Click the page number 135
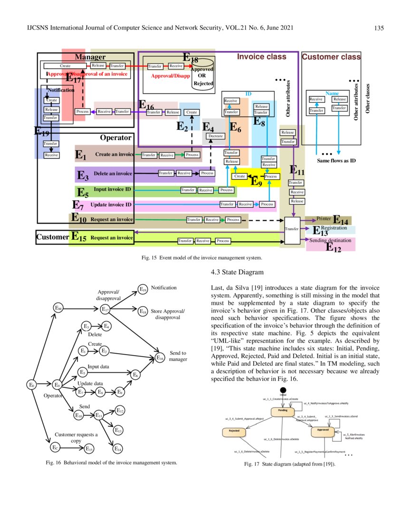pos(379,28)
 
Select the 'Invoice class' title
pos(261,57)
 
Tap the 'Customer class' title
pos(331,57)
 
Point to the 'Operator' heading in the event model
pos(115,138)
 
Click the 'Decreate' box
pos(216,136)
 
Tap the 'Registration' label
pos(334,229)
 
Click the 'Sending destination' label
pos(330,241)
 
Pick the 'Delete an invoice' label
pos(113,174)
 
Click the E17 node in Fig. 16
pos(106,309)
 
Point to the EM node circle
pos(58,309)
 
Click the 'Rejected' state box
pos(234,431)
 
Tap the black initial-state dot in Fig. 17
pos(283,389)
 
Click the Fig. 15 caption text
pos(202,258)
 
